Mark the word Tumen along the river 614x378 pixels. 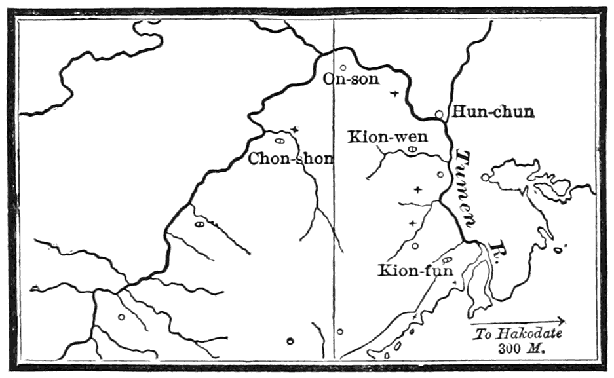(467, 189)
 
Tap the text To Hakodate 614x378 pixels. (518, 333)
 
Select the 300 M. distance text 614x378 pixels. (523, 348)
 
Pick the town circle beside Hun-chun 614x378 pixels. (440, 114)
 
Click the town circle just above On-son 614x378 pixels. (343, 67)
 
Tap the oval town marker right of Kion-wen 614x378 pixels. (412, 149)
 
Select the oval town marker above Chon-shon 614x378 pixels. (279, 140)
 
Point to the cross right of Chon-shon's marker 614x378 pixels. (295, 130)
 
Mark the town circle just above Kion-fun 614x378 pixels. (415, 246)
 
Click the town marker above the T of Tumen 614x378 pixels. (440, 174)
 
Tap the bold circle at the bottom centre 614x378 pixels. (290, 340)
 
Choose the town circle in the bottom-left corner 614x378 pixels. (121, 317)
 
